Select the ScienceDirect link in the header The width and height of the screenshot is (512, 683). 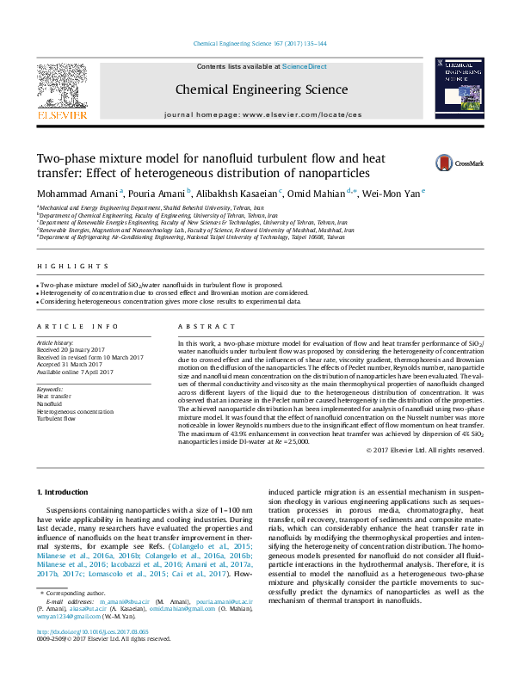coord(305,66)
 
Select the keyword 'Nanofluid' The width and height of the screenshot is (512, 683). coord(49,403)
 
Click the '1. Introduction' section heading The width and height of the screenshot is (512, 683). coord(66,492)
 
